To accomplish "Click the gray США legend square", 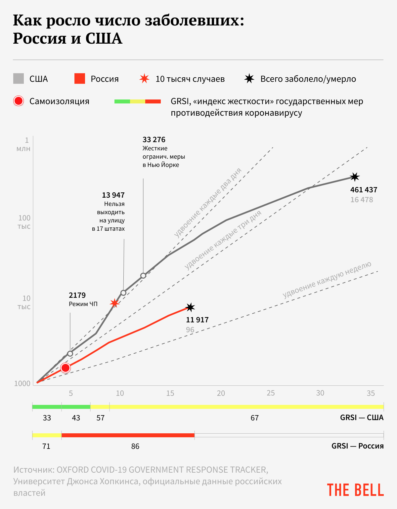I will (x=19, y=79).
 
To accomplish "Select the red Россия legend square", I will (x=80, y=79).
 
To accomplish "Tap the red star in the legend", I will (x=144, y=79).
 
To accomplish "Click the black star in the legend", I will (x=249, y=79).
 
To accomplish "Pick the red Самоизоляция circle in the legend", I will (x=19, y=101).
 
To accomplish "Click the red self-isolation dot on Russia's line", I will (x=66, y=368).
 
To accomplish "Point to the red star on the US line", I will (x=114, y=303).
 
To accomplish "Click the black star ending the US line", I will (x=355, y=177).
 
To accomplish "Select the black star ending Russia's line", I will (x=190, y=307).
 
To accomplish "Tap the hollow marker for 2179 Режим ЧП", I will (x=70, y=354).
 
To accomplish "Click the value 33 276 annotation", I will (x=154, y=139).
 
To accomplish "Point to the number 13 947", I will (x=113, y=195).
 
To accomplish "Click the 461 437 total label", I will (x=364, y=190).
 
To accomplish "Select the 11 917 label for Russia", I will (x=197, y=320).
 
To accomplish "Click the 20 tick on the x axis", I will (x=221, y=393).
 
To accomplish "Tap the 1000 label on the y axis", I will (x=22, y=383).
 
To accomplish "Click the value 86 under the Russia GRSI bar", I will (x=135, y=446).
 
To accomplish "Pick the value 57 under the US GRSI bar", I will (x=101, y=418).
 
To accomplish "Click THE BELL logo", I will (x=355, y=490).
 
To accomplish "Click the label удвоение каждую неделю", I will (x=327, y=280).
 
